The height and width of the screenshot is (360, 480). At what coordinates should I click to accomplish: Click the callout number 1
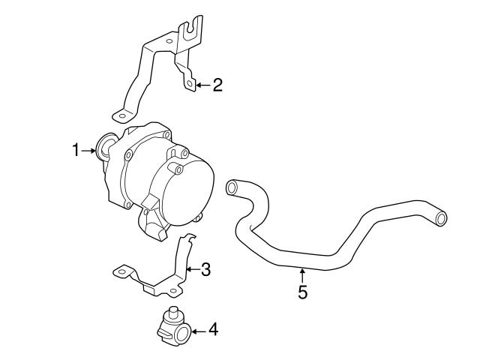[76, 151]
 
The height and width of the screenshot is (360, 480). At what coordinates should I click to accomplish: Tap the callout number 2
[217, 85]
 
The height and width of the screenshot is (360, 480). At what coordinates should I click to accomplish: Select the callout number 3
[205, 268]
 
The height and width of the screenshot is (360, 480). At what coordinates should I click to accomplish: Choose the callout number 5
[302, 292]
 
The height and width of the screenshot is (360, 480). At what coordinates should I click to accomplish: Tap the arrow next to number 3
[192, 268]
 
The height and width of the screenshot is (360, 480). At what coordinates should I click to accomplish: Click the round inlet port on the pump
[104, 147]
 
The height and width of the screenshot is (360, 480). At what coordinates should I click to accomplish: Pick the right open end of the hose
[442, 218]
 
